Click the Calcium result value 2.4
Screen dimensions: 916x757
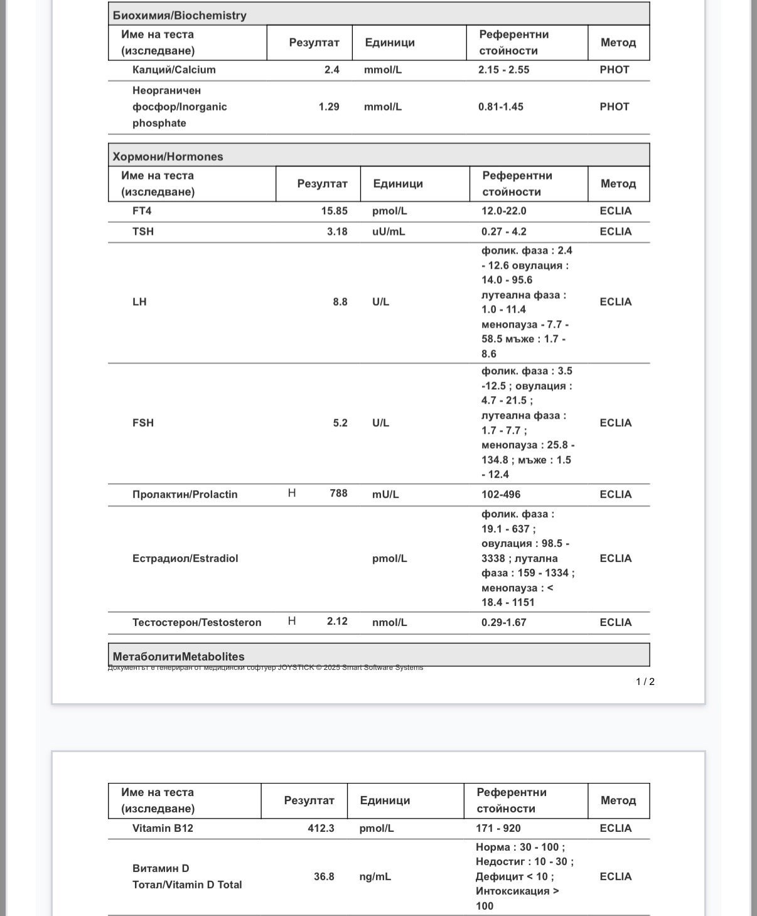click(x=331, y=70)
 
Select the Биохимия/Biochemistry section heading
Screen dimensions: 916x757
click(x=180, y=15)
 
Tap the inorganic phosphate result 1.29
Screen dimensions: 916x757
click(x=329, y=107)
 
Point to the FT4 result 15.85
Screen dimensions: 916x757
click(x=334, y=211)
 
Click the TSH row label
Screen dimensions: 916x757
click(x=143, y=232)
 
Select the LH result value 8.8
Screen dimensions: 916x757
click(x=340, y=302)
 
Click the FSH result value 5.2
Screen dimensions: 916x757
click(x=340, y=423)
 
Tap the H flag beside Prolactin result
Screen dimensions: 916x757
click(x=292, y=493)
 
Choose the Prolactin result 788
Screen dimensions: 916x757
click(x=338, y=493)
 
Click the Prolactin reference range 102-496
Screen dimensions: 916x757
click(x=501, y=495)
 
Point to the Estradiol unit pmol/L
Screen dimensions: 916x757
click(x=389, y=559)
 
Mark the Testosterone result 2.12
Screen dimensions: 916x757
click(x=337, y=622)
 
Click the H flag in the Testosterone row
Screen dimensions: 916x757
click(x=292, y=622)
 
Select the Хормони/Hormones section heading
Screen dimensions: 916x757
click(x=168, y=156)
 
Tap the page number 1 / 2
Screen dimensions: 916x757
click(x=645, y=682)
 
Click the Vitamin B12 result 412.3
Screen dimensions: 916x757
click(x=321, y=829)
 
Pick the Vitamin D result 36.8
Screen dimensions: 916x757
click(x=324, y=876)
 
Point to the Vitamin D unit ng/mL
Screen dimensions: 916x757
click(x=375, y=876)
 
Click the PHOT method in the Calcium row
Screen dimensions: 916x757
click(x=614, y=70)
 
